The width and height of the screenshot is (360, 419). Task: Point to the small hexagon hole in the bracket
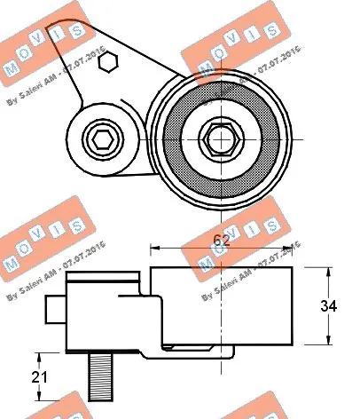107,61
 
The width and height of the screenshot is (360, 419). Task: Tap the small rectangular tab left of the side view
53,310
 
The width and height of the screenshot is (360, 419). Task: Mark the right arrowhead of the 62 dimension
293,247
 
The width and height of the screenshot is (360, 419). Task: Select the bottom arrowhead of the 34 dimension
332,344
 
